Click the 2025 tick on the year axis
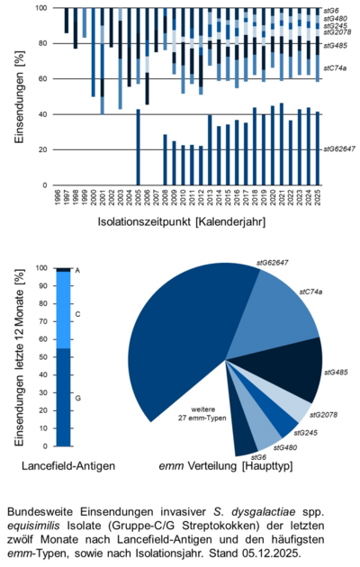319,197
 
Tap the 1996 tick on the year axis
57,197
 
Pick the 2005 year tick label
138,197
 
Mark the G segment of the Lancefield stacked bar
64,396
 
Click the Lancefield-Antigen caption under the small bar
62,464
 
